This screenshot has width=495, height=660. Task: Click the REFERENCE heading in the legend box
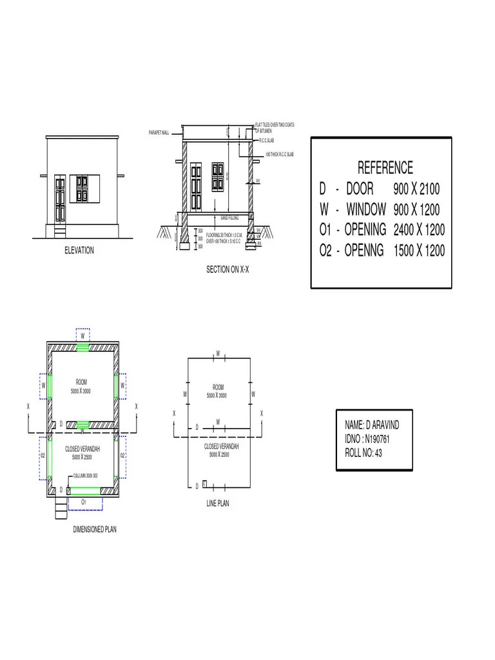[x=385, y=168]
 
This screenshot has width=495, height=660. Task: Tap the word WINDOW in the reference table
[x=366, y=209]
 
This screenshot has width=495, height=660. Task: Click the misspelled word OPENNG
[x=365, y=251]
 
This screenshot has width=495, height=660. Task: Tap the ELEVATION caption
[x=78, y=251]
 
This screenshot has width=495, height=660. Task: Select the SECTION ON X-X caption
[x=227, y=270]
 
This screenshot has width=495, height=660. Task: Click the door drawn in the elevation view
[x=60, y=199]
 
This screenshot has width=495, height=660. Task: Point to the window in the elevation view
[x=82, y=188]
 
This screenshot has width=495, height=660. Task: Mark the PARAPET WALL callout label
[x=159, y=133]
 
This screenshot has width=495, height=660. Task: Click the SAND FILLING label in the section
[x=229, y=218]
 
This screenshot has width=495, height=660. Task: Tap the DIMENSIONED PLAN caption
[x=95, y=529]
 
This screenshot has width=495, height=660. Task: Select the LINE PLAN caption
[x=217, y=503]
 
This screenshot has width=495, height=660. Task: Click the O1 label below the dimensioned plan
[x=84, y=500]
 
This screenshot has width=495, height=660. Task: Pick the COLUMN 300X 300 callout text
[x=86, y=476]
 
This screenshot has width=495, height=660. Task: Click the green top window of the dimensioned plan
[x=82, y=347]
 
